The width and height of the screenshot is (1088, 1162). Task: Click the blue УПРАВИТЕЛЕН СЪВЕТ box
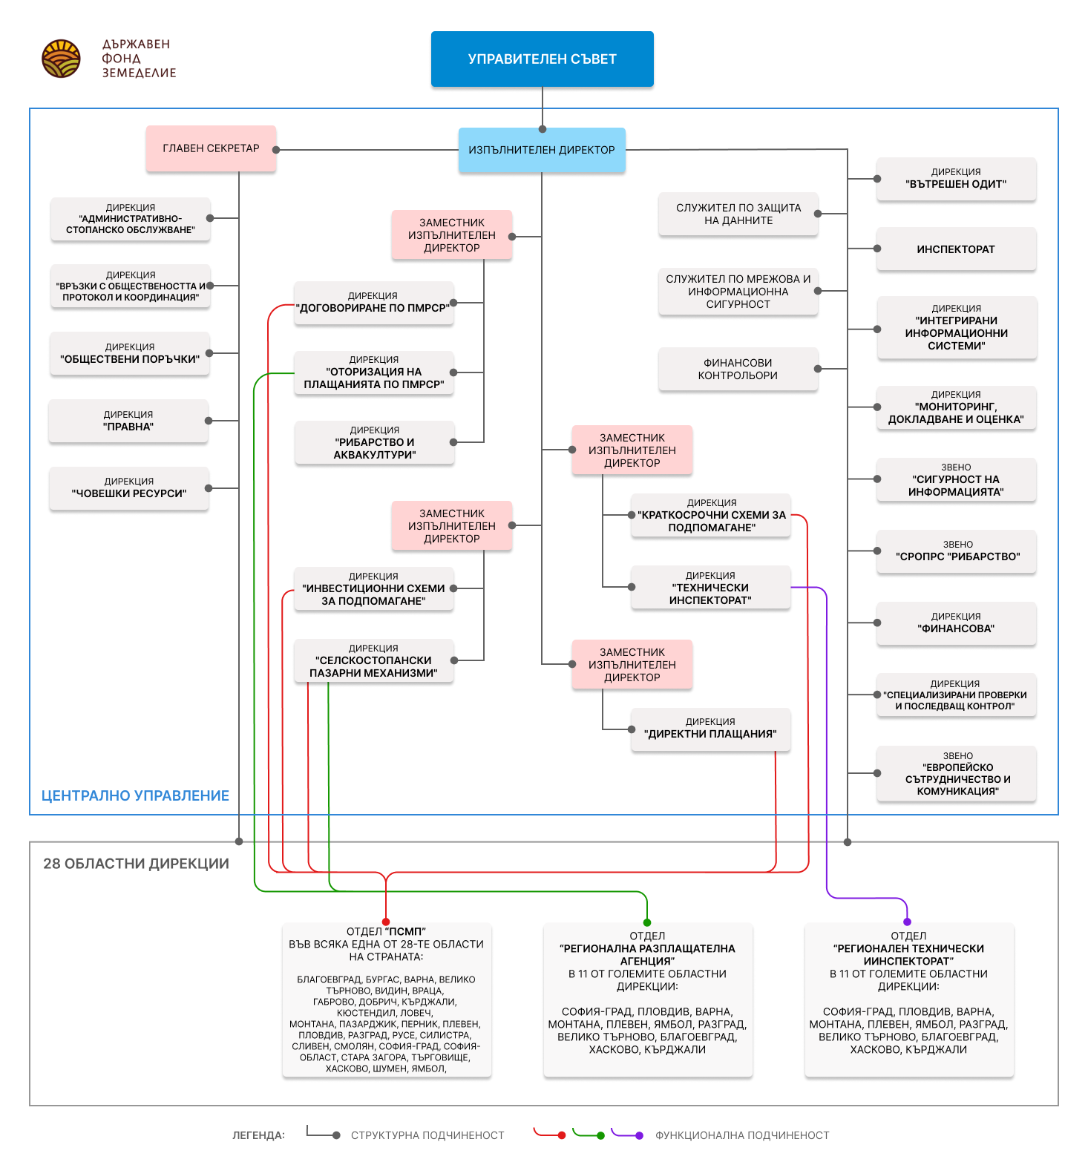coord(542,59)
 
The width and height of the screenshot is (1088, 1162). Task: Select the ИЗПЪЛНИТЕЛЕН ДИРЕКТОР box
coord(542,150)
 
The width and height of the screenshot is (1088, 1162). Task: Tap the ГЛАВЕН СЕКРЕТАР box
coord(211,148)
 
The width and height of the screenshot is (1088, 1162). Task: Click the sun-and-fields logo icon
coord(61,59)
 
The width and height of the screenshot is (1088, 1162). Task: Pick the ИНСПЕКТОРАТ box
coord(956,249)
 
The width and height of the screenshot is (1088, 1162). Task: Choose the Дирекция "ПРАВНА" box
coord(128,421)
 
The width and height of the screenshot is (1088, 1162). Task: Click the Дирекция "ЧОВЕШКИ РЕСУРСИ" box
coord(129,488)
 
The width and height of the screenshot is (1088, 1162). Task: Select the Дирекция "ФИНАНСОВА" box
coord(956,623)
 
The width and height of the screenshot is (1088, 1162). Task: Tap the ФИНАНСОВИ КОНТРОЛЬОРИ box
coord(738,369)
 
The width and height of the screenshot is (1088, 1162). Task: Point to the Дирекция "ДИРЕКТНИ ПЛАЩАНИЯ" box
coord(710,729)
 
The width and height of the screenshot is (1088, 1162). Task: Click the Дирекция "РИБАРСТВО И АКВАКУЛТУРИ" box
coord(374,442)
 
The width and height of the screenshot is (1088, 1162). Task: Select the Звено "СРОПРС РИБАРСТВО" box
coord(956,551)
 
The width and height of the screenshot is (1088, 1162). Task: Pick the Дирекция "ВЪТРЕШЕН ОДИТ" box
coord(956,179)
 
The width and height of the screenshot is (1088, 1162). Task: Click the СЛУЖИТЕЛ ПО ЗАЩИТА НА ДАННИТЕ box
coord(738,214)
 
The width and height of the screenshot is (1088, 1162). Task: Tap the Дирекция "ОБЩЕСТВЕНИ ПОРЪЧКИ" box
coord(130,353)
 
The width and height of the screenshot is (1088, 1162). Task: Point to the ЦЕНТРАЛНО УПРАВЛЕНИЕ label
coord(135,795)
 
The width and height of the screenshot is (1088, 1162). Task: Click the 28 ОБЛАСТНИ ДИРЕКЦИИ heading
coord(136,864)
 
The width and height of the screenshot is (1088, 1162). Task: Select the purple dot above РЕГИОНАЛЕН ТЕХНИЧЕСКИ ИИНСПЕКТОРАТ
coord(907,922)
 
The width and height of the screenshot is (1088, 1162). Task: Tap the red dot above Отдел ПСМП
coord(386,922)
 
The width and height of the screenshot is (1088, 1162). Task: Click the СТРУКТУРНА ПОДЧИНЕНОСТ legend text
coord(427,1135)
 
